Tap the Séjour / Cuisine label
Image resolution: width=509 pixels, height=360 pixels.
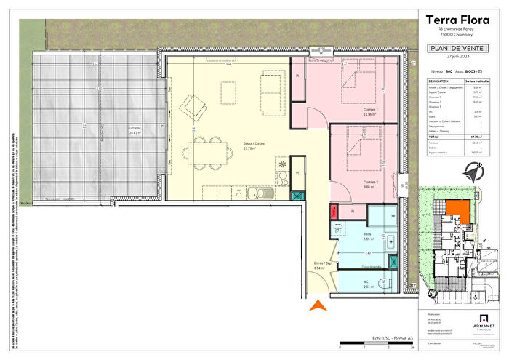[x=242, y=143]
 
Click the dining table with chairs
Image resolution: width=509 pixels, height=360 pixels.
[x=208, y=154]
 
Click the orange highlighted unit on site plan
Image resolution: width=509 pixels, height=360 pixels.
[x=457, y=210]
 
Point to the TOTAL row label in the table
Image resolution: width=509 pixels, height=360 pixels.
[x=433, y=136]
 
